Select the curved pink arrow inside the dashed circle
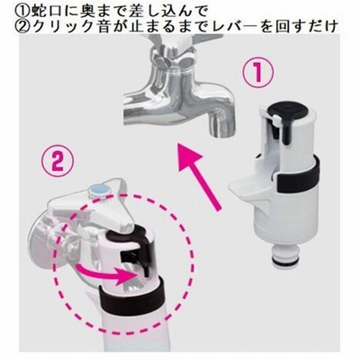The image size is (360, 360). (104, 274)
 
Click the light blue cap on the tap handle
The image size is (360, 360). (98, 191)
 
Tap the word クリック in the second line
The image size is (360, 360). (58, 27)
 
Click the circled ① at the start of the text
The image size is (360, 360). (20, 11)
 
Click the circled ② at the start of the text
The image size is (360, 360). (20, 27)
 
